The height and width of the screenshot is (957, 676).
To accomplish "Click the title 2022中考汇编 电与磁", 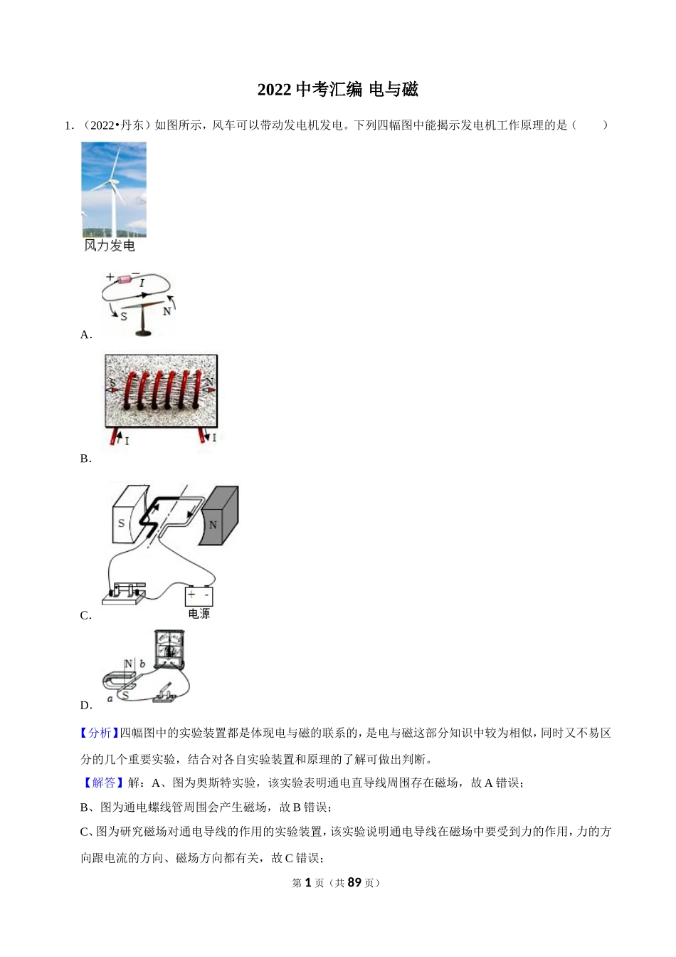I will click(x=337, y=90).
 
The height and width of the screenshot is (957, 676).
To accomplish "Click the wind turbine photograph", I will click(x=114, y=189).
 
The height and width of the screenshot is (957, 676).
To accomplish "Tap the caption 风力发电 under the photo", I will click(x=109, y=246).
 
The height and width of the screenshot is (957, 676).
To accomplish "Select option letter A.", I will click(x=86, y=335).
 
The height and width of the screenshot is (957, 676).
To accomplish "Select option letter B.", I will click(x=86, y=459).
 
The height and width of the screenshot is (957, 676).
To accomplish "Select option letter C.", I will click(x=86, y=616).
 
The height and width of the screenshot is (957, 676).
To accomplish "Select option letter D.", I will click(x=86, y=706).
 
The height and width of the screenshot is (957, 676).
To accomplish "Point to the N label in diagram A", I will click(x=167, y=311).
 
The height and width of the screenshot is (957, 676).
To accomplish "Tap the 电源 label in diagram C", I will click(x=199, y=614).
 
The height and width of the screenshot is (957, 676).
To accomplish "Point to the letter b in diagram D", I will click(x=142, y=664).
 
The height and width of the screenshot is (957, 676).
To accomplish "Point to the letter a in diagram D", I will click(x=110, y=699).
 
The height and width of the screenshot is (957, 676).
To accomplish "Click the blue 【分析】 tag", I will click(x=100, y=733).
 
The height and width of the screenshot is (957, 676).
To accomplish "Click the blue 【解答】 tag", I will click(x=103, y=783).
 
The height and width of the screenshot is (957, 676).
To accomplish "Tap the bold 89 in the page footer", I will click(x=354, y=883).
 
